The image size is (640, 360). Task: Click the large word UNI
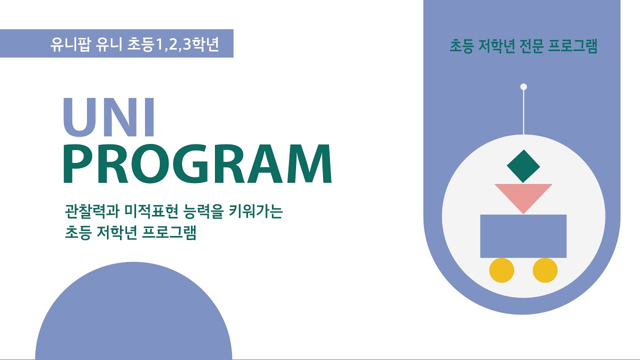pyautogui.click(x=109, y=117)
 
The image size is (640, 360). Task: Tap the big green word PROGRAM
pyautogui.click(x=197, y=163)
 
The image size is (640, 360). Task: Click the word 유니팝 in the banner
pyautogui.click(x=70, y=44)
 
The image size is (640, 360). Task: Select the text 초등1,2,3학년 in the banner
pyautogui.click(x=173, y=44)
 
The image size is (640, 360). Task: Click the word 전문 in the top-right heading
pyautogui.click(x=531, y=46)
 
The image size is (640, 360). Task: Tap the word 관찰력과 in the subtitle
pyautogui.click(x=91, y=211)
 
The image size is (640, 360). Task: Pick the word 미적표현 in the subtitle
pyautogui.click(x=151, y=211)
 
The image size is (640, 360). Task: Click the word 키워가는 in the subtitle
pyautogui.click(x=255, y=211)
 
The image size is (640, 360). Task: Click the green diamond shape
pyautogui.click(x=523, y=166)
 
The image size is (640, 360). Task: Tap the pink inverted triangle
pyautogui.click(x=523, y=195)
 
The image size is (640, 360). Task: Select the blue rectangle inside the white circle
pyautogui.click(x=523, y=236)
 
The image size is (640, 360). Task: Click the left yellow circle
pyautogui.click(x=501, y=270)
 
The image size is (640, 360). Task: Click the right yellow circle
pyautogui.click(x=545, y=270)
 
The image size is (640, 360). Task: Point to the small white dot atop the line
pyautogui.click(x=523, y=87)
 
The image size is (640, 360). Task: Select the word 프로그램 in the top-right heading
pyautogui.click(x=573, y=46)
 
